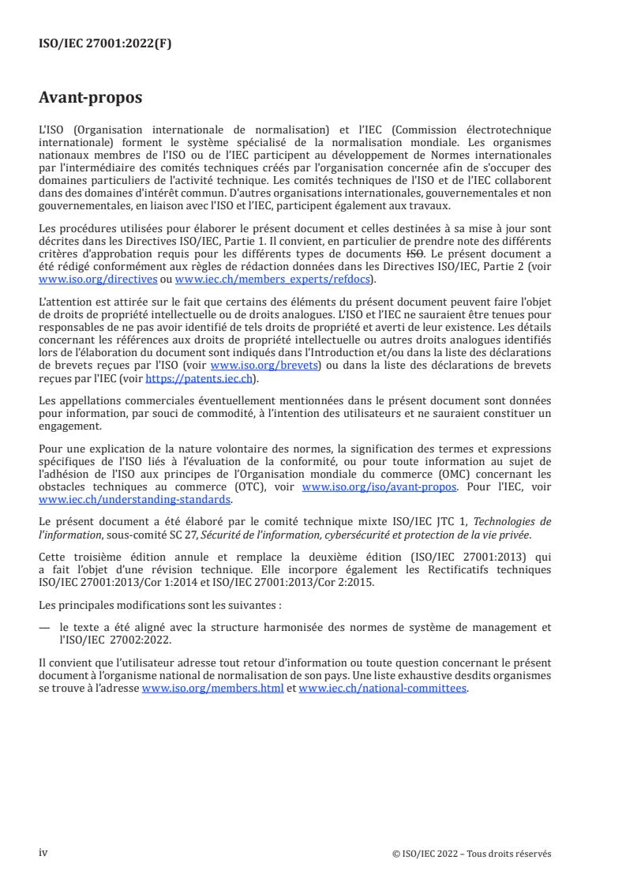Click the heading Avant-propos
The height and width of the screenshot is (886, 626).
tap(91, 98)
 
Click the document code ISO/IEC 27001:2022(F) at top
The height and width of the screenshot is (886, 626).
tap(105, 44)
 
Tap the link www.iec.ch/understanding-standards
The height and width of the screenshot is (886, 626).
tap(135, 499)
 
